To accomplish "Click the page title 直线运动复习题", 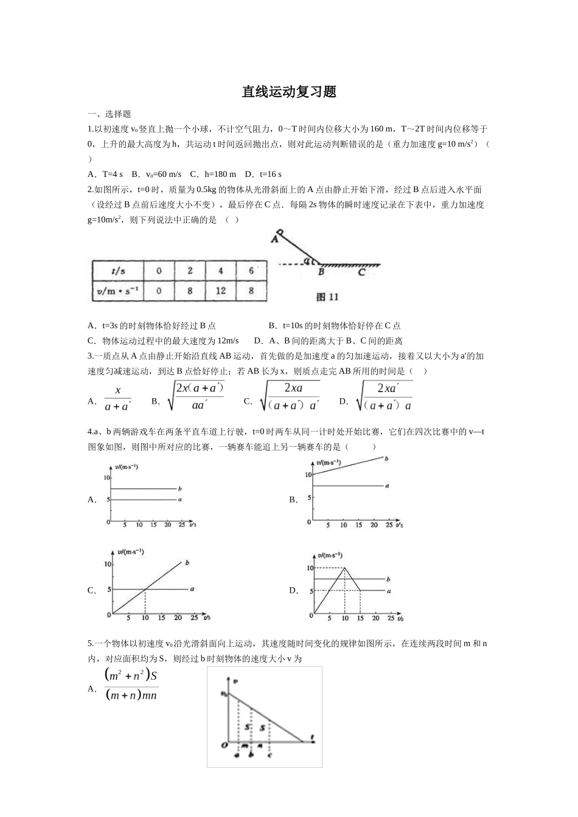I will click(289, 92).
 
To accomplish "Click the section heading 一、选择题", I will click(110, 114).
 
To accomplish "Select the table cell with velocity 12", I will click(220, 291).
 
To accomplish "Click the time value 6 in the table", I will click(251, 271).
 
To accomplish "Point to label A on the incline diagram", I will click(274, 240).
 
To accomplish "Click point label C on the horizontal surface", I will click(361, 273).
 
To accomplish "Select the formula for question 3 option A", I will click(118, 399).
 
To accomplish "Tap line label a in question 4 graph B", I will click(387, 486).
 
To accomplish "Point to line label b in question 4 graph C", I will click(187, 563).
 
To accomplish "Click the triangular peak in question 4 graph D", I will click(345, 568).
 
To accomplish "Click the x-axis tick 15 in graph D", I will click(360, 619).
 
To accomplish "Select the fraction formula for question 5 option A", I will click(131, 685).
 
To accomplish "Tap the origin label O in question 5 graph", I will click(224, 744).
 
